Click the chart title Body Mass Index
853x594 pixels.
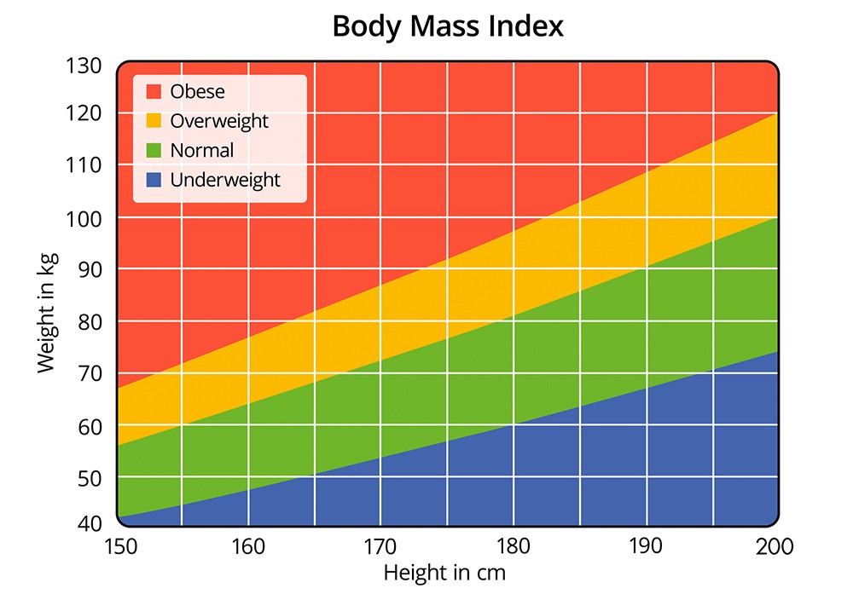click(x=448, y=26)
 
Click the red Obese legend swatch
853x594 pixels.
click(x=154, y=91)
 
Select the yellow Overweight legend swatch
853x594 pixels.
click(x=154, y=121)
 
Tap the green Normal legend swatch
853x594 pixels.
click(x=154, y=151)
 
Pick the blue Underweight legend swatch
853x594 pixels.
click(x=154, y=180)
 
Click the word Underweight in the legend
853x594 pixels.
click(x=225, y=180)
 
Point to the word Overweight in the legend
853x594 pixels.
click(x=219, y=121)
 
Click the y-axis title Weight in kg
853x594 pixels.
click(x=46, y=295)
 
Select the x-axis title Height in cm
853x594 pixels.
click(x=444, y=572)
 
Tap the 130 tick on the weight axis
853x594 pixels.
click(x=83, y=66)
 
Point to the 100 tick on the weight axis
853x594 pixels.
click(x=83, y=218)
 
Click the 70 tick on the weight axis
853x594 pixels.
click(x=89, y=372)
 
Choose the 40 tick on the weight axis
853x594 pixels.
click(x=89, y=522)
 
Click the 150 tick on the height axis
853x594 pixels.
click(x=117, y=546)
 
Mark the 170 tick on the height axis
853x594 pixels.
click(x=380, y=546)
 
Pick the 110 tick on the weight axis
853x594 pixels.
click(x=83, y=165)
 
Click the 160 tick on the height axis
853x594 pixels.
click(x=248, y=546)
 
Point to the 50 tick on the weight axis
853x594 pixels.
click(x=89, y=477)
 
